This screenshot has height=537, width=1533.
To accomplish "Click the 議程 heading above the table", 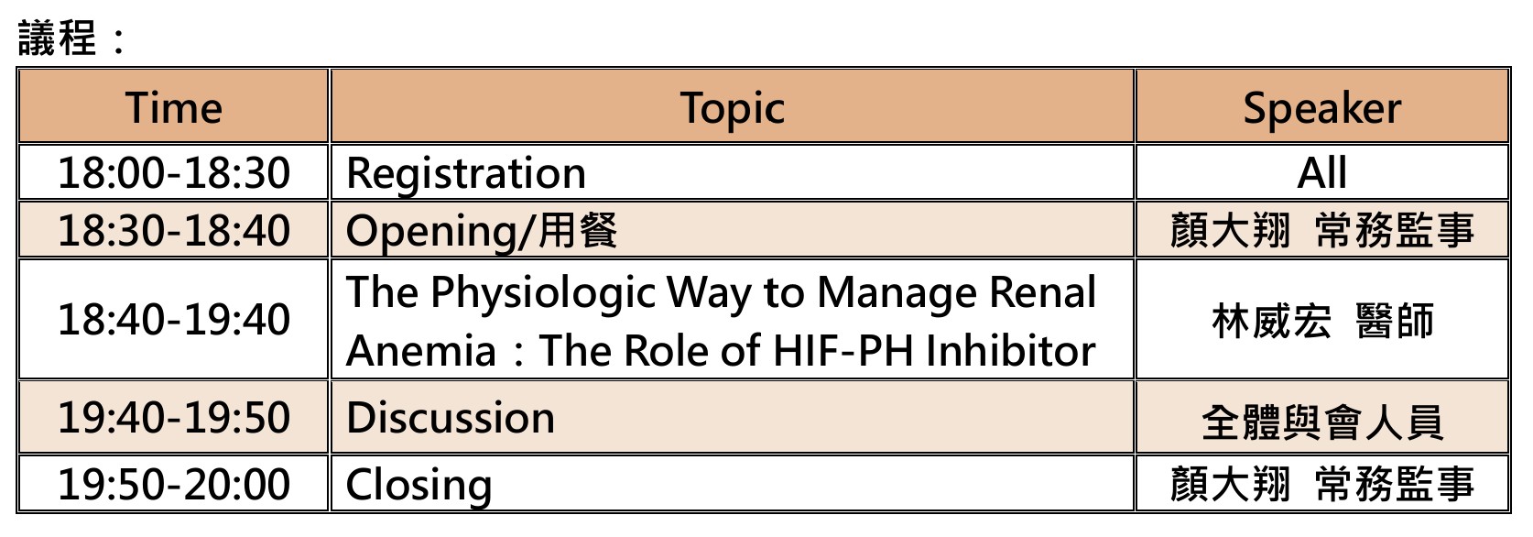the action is coord(57,38).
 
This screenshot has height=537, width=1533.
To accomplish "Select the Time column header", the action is coord(174,108).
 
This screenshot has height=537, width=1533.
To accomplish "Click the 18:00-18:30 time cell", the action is coord(174,172).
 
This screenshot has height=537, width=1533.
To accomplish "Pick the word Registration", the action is coord(466,174).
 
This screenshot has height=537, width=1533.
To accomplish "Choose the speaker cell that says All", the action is coord(1322,172).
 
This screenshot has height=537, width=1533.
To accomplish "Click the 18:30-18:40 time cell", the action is coord(174,230).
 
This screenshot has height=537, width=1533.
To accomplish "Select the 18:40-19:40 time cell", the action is coord(174,319).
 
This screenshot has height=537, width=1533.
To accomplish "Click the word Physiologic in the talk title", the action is coord(543,294).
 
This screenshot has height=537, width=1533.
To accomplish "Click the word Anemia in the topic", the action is coord(421,351).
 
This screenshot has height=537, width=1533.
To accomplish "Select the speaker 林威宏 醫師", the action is coord(1322,321).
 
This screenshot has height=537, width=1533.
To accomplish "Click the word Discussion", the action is coord(451,418).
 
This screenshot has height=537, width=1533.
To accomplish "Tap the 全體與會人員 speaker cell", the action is coord(1322,422).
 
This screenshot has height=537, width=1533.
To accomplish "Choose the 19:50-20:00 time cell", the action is coord(174,484).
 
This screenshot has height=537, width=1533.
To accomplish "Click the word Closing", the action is coord(419,486).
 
